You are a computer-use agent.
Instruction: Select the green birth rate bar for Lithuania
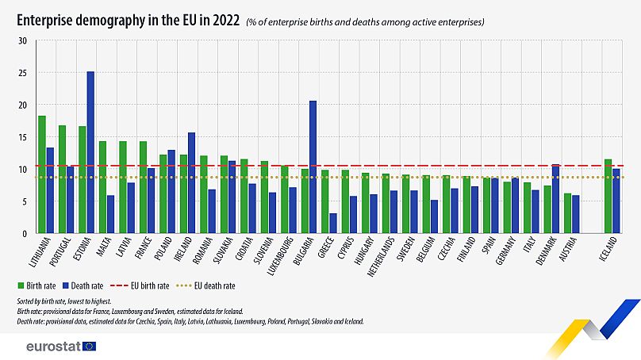(42, 174)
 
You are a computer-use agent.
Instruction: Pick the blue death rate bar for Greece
(333, 223)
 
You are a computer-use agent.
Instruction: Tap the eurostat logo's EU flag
(88, 346)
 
